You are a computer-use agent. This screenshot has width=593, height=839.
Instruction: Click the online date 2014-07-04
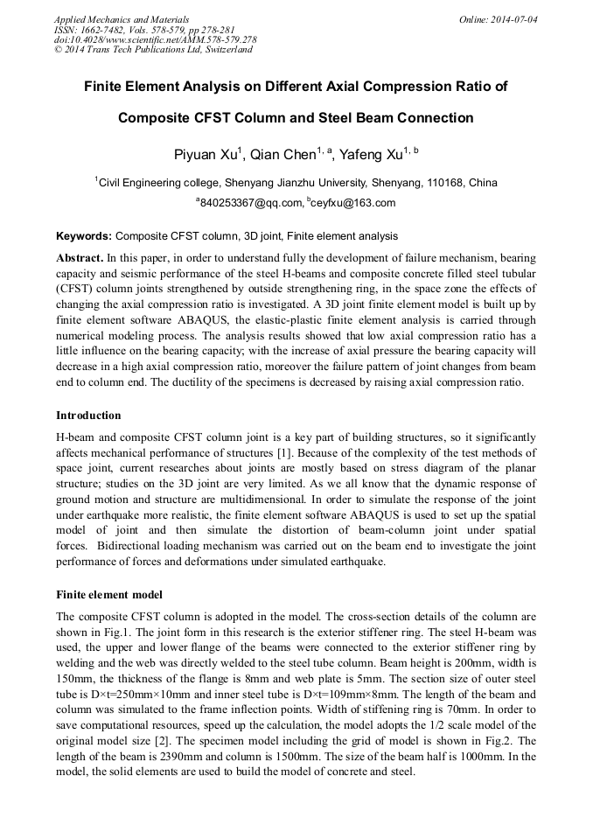coord(513,18)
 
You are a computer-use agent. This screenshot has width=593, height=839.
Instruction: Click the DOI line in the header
coord(155,39)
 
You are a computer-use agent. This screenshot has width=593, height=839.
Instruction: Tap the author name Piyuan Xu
coord(207,155)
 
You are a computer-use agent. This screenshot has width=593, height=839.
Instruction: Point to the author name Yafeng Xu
coord(374,155)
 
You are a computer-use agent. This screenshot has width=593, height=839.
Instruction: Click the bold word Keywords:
coord(84,236)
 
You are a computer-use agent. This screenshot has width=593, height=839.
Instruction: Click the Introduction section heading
coord(88,415)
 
